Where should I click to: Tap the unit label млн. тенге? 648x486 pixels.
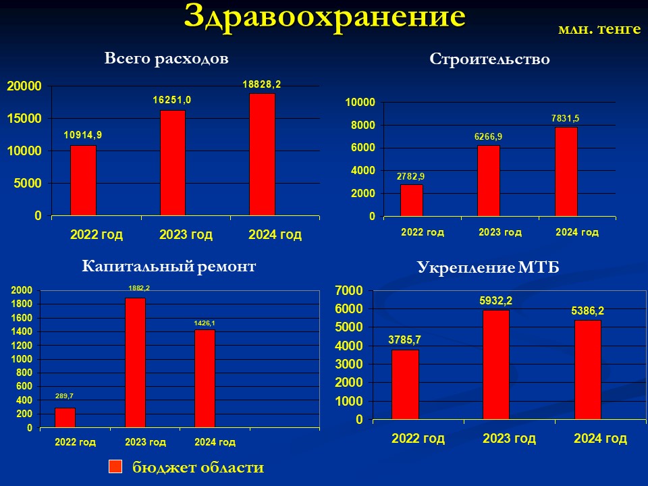coord(599,29)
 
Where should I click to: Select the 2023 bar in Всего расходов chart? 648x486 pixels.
coord(173,163)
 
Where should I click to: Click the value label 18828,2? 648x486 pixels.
coord(262,84)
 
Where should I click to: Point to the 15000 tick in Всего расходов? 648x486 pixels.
coord(25,119)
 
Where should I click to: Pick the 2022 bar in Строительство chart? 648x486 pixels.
coord(412,200)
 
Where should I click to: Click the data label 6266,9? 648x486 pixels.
coord(488,137)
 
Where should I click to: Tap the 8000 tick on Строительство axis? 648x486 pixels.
coord(363,126)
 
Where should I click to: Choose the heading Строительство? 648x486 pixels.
coord(490,59)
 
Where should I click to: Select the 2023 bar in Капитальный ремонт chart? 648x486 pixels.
coord(136,362)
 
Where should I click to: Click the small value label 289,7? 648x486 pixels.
coord(64,396)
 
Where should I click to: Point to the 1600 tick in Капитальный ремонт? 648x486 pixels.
coord(22,318)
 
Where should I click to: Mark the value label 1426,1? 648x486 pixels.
coord(205,323)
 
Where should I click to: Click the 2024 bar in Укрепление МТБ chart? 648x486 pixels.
coord(588,370)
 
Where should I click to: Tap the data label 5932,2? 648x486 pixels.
coord(496,301)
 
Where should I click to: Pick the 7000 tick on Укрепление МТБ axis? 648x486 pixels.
coord(349,290)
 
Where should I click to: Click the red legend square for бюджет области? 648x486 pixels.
coord(115,466)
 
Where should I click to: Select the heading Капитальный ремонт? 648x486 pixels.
coord(169,266)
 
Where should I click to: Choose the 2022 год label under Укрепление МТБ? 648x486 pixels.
coord(418,438)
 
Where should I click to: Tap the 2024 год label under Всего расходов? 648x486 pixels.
coord(275,235)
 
